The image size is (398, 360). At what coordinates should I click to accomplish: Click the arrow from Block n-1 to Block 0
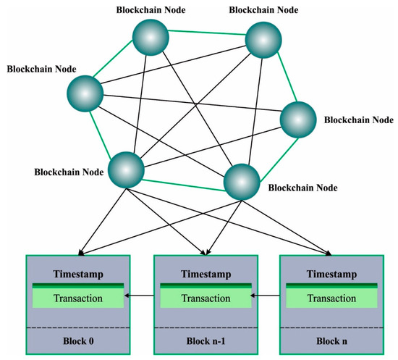pos(139,296)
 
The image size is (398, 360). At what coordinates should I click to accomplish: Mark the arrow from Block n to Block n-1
pos(267,296)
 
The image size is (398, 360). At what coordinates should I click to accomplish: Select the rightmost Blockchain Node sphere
pos(298,119)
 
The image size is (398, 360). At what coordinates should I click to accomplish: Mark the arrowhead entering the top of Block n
pos(330,253)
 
